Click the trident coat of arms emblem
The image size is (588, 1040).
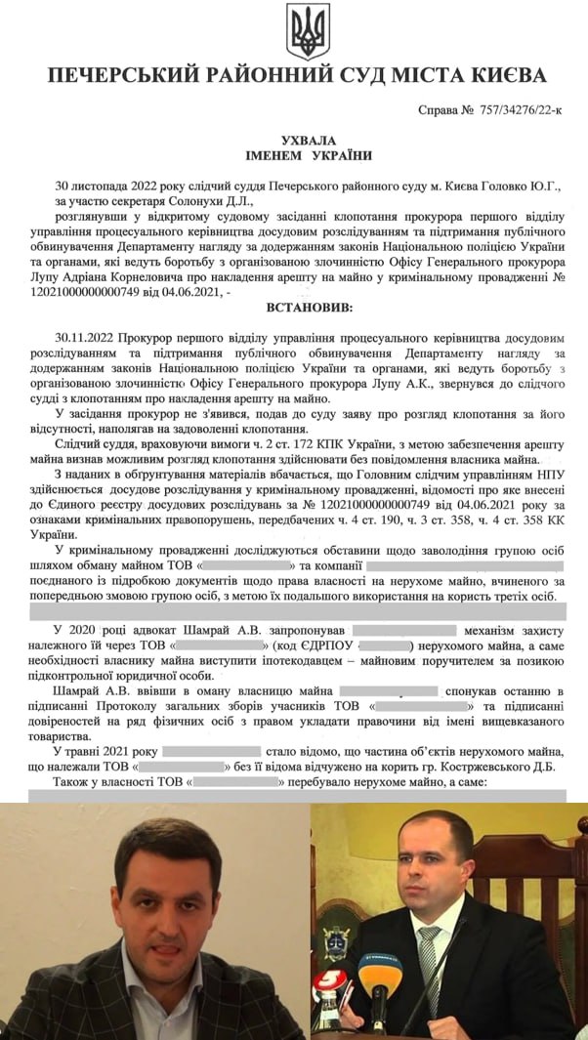click(308, 30)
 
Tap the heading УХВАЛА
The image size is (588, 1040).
click(307, 141)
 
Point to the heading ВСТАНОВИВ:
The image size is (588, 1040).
click(307, 308)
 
